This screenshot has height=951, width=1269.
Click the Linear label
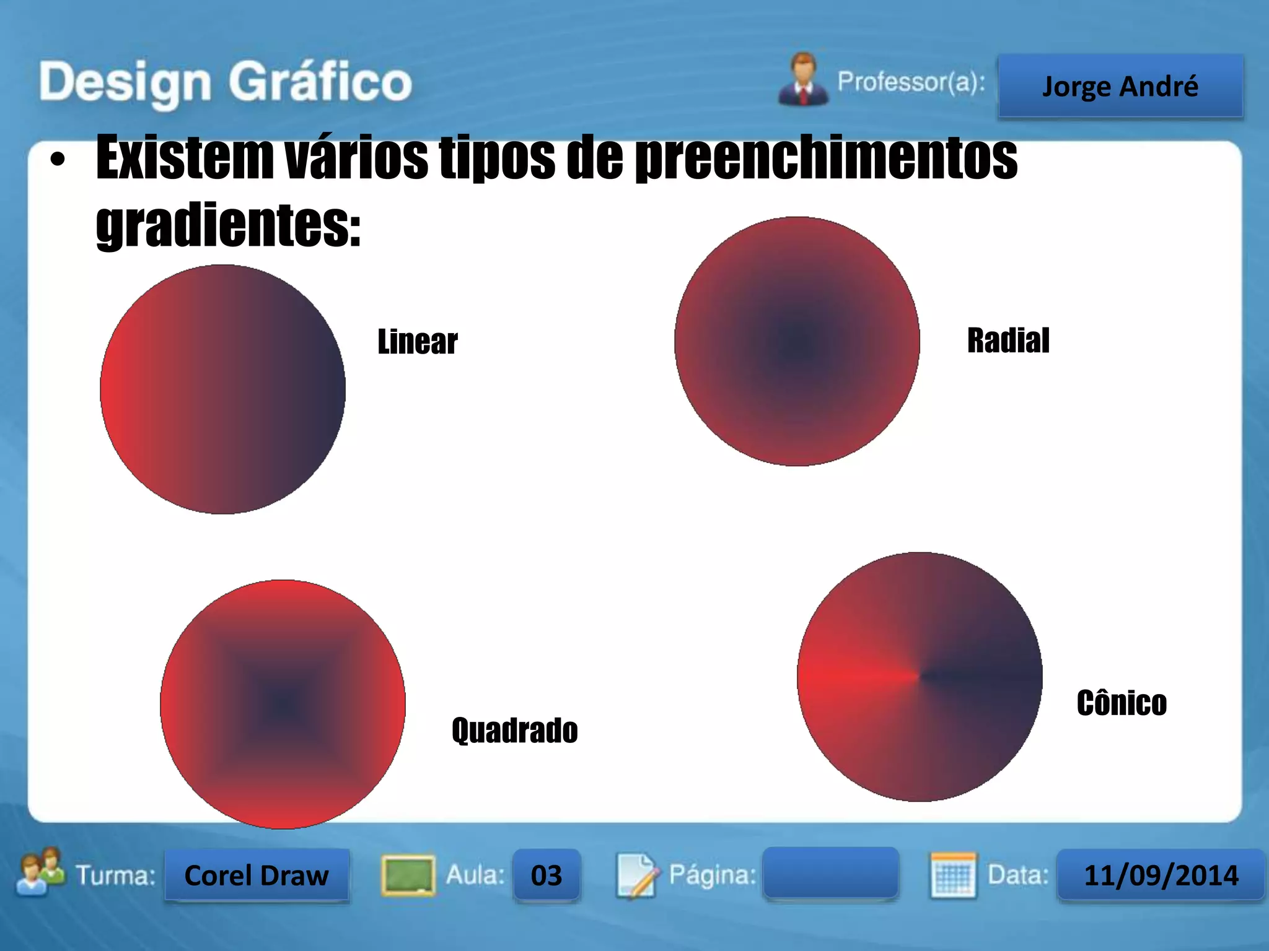418,342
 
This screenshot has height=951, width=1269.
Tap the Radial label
1008,341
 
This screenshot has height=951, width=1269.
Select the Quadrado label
514,730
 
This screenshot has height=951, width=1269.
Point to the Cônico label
1122,703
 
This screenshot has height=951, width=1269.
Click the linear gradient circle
223,389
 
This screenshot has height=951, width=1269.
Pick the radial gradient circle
797,341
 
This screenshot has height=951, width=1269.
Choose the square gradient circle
283,704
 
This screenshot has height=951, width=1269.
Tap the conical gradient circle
920,677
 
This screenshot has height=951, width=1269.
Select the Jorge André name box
1120,86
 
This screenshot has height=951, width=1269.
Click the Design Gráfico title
226,82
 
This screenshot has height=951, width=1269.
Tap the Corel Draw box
257,875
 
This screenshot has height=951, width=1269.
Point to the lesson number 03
546,875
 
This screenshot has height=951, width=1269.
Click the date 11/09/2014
1161,875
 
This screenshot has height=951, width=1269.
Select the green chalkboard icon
407,875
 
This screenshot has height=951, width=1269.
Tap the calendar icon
953,875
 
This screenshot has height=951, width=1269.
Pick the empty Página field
830,873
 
